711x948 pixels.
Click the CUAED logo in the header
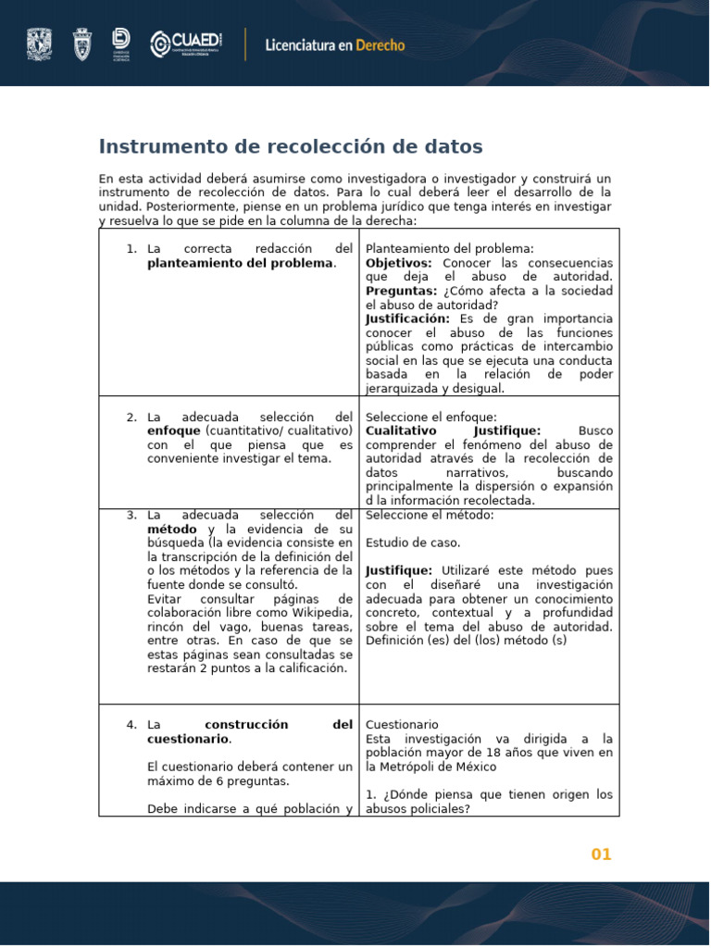(x=186, y=44)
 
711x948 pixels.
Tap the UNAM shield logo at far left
(x=40, y=44)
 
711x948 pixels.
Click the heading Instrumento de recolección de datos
(x=291, y=146)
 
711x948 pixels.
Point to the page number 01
(x=602, y=854)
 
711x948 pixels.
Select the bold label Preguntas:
(x=401, y=291)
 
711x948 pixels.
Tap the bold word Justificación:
(x=407, y=318)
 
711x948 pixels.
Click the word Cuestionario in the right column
(x=402, y=725)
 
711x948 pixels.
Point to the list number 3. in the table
(x=131, y=515)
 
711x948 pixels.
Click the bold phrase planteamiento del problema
(x=239, y=263)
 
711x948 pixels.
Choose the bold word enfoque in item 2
(x=173, y=430)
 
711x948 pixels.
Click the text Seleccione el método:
(x=430, y=515)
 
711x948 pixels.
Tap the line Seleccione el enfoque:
(x=430, y=417)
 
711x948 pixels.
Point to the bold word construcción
(x=246, y=725)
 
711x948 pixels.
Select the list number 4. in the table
(x=131, y=725)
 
